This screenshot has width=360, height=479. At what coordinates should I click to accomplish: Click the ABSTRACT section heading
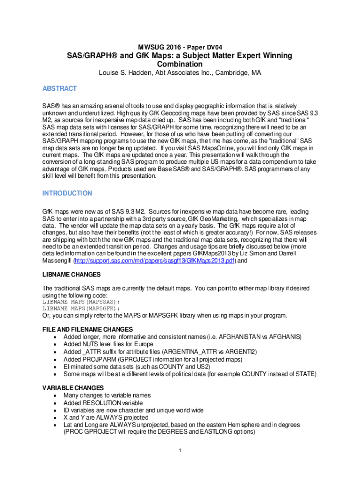click(x=59, y=88)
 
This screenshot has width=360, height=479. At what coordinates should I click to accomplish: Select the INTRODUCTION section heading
click(x=67, y=193)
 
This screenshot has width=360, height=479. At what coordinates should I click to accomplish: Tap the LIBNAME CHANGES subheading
click(x=72, y=275)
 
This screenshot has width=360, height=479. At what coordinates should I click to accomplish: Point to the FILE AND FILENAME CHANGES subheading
click(x=87, y=329)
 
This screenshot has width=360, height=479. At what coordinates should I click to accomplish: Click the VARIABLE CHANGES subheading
click(x=73, y=388)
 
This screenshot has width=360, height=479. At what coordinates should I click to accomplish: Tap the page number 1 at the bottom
click(x=180, y=450)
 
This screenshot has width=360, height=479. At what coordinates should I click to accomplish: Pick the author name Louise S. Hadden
click(x=123, y=73)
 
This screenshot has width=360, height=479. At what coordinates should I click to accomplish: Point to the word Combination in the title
click(x=180, y=64)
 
